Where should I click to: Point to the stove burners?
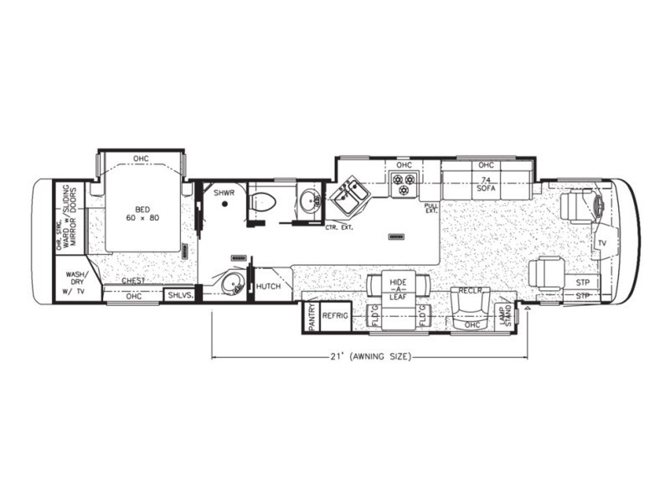pos(405,185)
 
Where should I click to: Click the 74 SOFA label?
pos(486,185)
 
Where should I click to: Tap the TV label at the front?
pos(600,242)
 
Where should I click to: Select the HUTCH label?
pos(268,286)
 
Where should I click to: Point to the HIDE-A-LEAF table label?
pos(398,290)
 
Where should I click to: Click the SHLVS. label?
pos(180,295)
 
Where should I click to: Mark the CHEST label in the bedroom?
pos(133,282)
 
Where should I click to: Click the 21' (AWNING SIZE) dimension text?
pos(369,357)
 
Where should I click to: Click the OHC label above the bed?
pos(141,158)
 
